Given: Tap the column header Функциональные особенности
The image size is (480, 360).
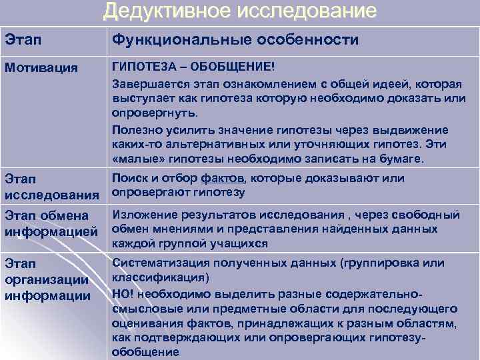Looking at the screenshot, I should (235, 41).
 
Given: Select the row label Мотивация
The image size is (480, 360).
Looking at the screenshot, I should (41, 68).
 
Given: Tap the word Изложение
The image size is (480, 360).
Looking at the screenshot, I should (145, 214).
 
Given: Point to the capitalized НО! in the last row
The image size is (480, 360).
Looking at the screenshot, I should (123, 293).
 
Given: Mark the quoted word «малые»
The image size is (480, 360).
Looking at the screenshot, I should (135, 159).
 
